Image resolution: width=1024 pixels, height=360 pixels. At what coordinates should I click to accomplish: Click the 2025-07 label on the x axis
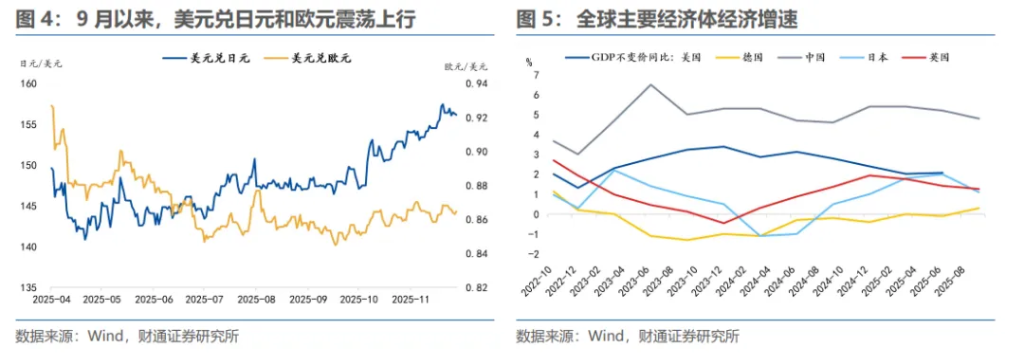point(206,299)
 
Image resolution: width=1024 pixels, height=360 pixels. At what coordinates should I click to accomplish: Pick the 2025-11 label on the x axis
point(410,299)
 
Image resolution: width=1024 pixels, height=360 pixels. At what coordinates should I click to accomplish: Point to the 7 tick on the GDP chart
point(536,75)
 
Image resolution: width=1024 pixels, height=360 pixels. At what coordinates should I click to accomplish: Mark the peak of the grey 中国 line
point(651,85)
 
